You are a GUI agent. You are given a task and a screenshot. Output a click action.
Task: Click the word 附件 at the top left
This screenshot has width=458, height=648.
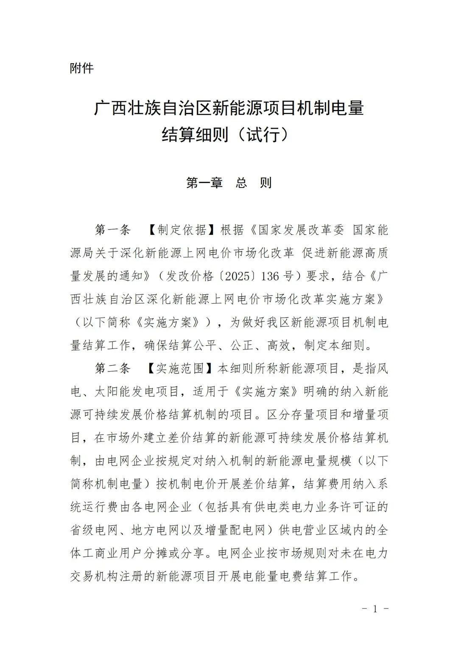click(81, 68)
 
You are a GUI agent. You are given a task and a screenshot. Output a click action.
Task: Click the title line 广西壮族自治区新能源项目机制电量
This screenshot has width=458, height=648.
click(229, 108)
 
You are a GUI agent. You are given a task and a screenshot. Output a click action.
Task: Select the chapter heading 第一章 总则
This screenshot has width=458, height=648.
click(229, 183)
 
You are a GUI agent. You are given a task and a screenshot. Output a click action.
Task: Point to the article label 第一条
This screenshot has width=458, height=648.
click(112, 230)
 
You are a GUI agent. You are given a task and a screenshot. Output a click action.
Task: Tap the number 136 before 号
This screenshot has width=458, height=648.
click(270, 276)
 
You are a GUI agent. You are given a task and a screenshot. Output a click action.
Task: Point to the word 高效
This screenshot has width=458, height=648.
click(279, 346)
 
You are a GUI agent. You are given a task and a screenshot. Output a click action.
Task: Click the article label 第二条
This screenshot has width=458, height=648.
click(112, 369)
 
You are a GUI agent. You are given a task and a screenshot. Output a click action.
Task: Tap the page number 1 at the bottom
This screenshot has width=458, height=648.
click(374, 609)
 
